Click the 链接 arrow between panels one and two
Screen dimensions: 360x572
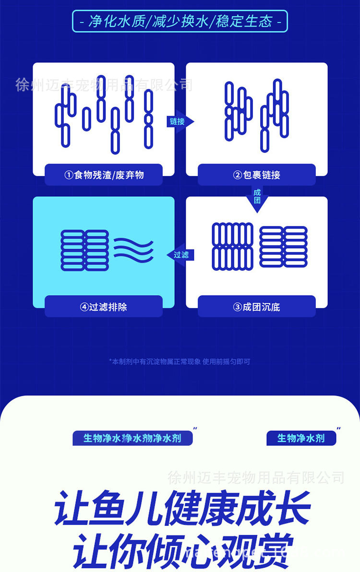(x=179, y=121)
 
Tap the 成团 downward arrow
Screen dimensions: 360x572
(x=257, y=197)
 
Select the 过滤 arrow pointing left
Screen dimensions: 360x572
(x=180, y=255)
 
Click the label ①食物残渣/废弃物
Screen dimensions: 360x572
(x=104, y=175)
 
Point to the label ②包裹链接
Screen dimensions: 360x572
(x=256, y=175)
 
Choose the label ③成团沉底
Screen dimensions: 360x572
(x=256, y=307)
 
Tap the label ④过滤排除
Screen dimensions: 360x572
(x=104, y=307)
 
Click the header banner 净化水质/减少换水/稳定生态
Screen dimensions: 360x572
(x=180, y=22)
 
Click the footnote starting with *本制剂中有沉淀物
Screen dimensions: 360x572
(x=180, y=361)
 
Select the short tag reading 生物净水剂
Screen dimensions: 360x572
(x=301, y=438)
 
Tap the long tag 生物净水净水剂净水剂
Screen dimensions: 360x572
(x=132, y=438)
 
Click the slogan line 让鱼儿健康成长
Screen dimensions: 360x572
(x=182, y=508)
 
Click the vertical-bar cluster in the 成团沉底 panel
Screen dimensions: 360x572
(x=232, y=246)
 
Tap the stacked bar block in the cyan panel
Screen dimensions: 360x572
(x=85, y=250)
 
